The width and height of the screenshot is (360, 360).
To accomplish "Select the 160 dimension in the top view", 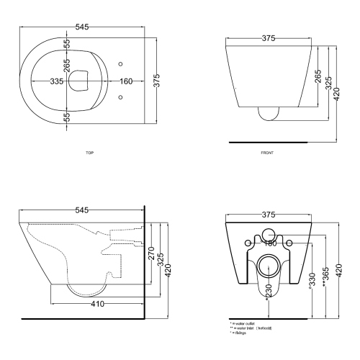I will click(x=106, y=81).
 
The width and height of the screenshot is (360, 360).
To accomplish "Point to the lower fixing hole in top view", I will click(x=120, y=95).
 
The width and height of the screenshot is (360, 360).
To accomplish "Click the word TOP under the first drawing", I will click(x=89, y=153).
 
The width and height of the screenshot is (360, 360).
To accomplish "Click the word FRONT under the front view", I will click(x=269, y=153).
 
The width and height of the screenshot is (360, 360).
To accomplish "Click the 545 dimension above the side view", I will click(x=81, y=210).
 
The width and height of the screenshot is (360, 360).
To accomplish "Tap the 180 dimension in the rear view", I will click(x=269, y=243).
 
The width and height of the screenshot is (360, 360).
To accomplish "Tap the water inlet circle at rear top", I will click(x=269, y=233).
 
